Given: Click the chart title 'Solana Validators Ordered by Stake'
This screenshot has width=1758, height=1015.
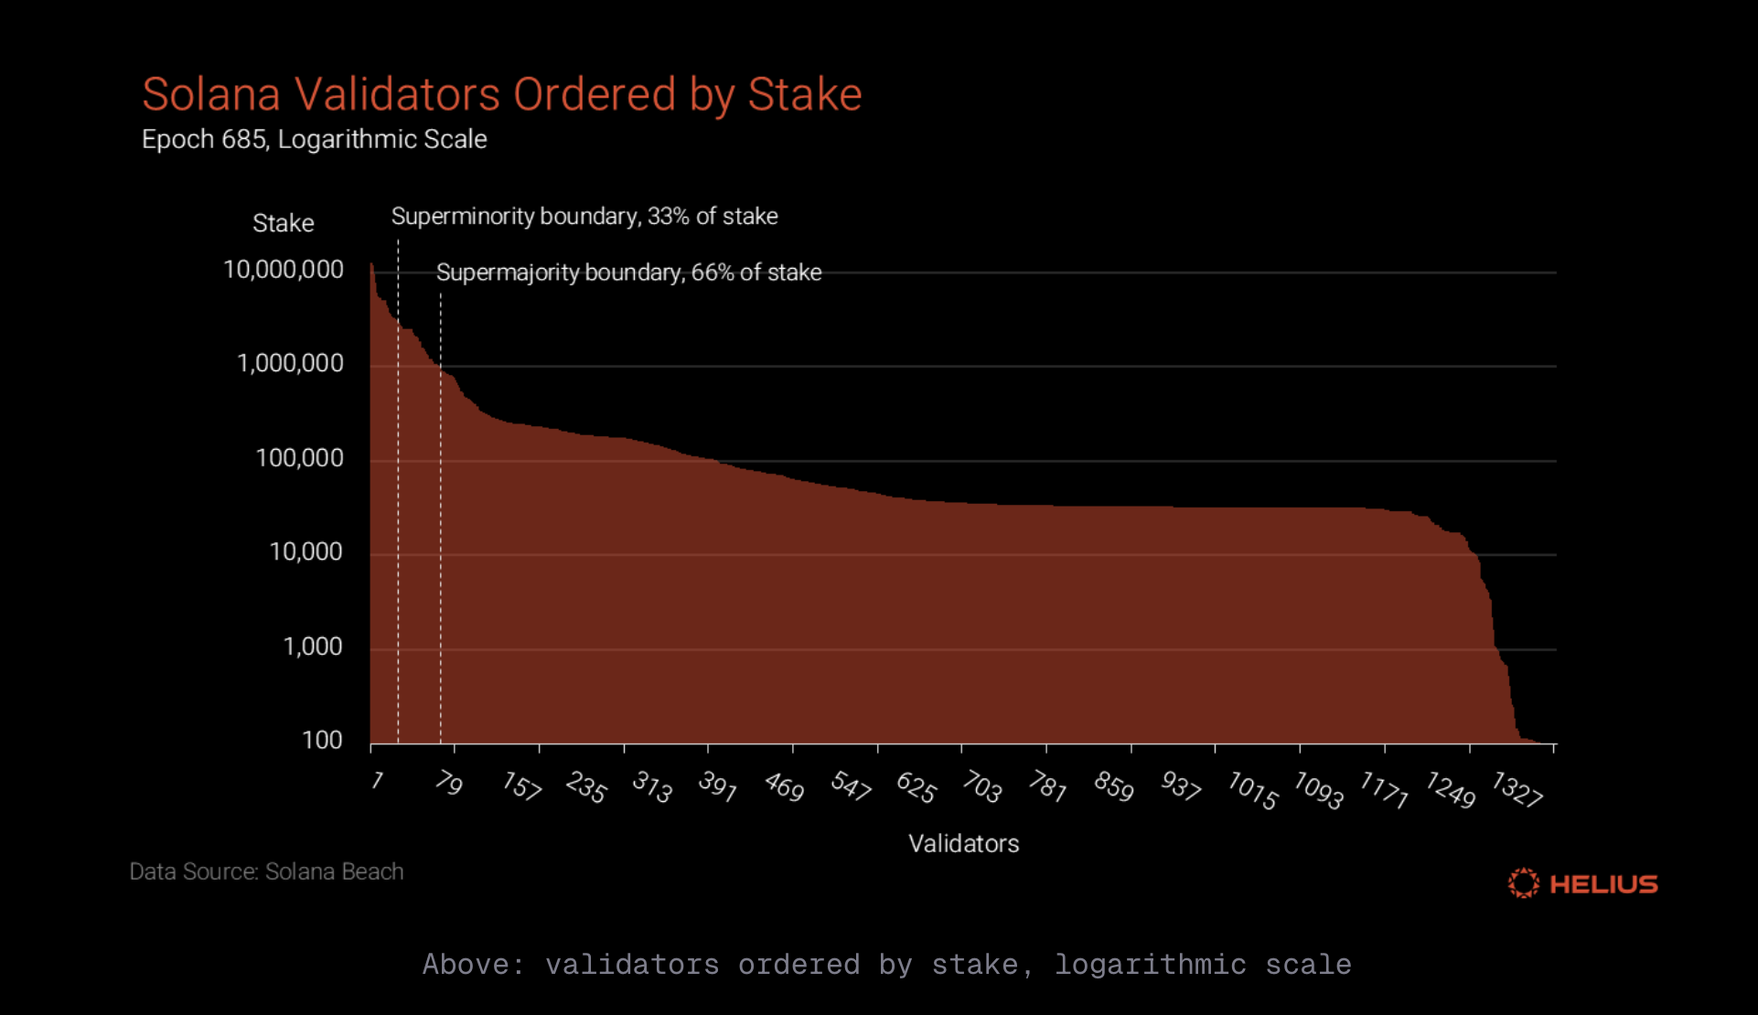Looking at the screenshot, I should pos(501,94).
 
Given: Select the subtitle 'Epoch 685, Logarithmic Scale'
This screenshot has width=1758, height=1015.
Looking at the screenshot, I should pos(314,139).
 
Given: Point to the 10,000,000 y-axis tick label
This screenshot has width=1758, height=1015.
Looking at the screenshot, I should pos(284,270).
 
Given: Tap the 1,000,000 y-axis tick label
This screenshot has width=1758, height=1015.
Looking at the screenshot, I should pos(290,364).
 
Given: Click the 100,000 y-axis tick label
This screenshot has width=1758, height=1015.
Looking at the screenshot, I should pos(299,458).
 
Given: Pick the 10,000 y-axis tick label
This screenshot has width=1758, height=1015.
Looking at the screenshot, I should pos(306,552).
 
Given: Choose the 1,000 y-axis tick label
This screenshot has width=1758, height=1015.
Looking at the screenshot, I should pos(312,646).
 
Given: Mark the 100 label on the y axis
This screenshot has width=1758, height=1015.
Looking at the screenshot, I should pos(322,741).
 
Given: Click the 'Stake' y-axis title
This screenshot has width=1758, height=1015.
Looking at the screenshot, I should pos(283,223).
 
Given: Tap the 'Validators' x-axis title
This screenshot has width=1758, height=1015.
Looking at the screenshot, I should pos(963,843).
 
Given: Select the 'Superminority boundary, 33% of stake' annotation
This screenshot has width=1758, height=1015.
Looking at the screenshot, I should pos(584,217).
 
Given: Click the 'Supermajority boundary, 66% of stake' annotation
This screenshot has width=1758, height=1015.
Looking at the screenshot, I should pos(628,272).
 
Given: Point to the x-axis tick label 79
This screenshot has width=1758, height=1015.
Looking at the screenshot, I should pos(448,783).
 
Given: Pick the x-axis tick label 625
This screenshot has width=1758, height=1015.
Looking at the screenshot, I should pos(916,787).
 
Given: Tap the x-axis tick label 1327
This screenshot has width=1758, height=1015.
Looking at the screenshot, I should pos(1517,789).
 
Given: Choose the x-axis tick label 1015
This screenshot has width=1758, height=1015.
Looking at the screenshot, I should pos(1252,790).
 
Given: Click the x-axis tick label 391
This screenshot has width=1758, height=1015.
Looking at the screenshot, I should pos(717,785).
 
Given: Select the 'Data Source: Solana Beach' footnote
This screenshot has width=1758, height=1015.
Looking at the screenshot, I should pos(266,871).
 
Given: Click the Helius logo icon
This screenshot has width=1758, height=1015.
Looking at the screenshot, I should pos(1523,883).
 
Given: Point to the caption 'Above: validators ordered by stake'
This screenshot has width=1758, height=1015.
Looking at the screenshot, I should pos(886,965).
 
